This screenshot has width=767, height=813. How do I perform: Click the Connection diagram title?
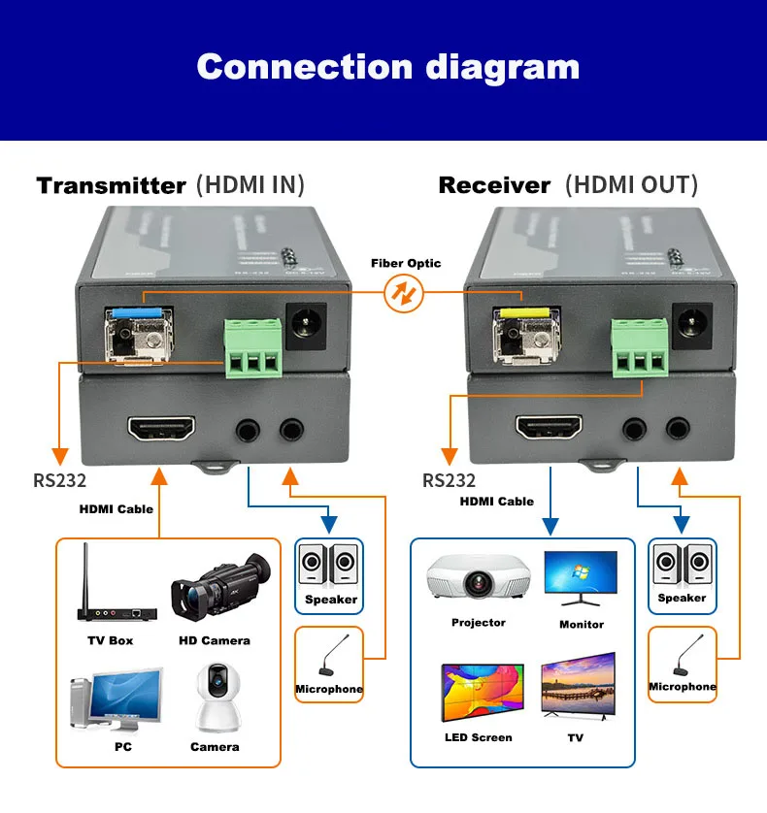(x=387, y=67)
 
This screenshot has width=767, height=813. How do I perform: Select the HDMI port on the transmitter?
(x=160, y=428)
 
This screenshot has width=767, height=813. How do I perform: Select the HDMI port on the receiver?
(x=548, y=428)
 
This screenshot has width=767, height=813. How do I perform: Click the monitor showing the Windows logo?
(x=581, y=579)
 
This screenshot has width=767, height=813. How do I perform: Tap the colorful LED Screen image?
(x=483, y=693)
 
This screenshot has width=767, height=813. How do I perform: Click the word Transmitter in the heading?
(x=111, y=185)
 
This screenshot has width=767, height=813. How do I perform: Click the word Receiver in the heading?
(x=494, y=185)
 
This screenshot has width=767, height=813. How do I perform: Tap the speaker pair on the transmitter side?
(x=329, y=566)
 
